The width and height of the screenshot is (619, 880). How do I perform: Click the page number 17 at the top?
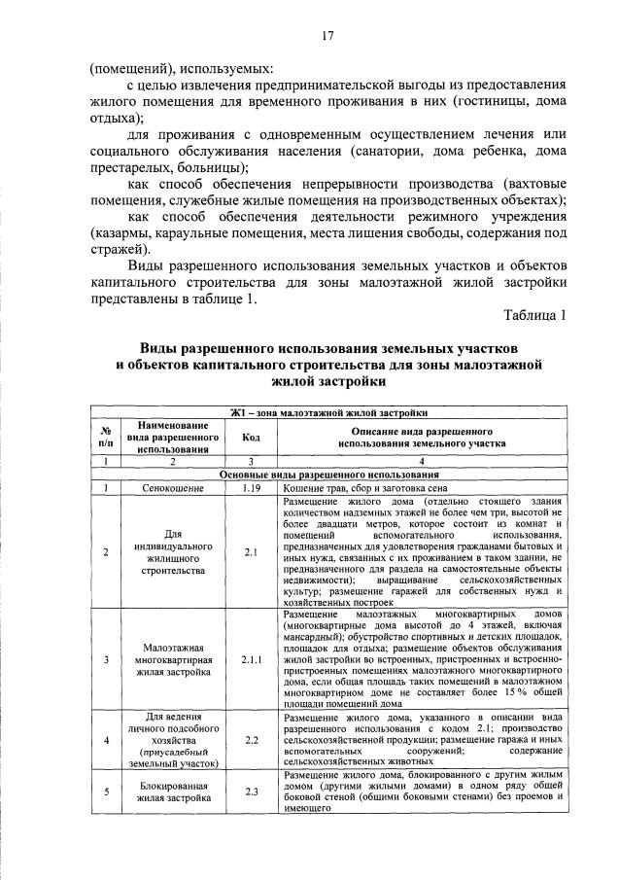(x=327, y=36)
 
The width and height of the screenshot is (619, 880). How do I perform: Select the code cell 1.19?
(x=251, y=488)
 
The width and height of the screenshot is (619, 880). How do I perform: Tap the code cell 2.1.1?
(x=251, y=658)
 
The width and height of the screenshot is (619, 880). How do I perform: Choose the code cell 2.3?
(x=251, y=791)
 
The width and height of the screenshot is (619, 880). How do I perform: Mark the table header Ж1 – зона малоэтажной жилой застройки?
(x=329, y=413)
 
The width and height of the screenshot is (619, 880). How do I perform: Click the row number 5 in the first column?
(x=105, y=791)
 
